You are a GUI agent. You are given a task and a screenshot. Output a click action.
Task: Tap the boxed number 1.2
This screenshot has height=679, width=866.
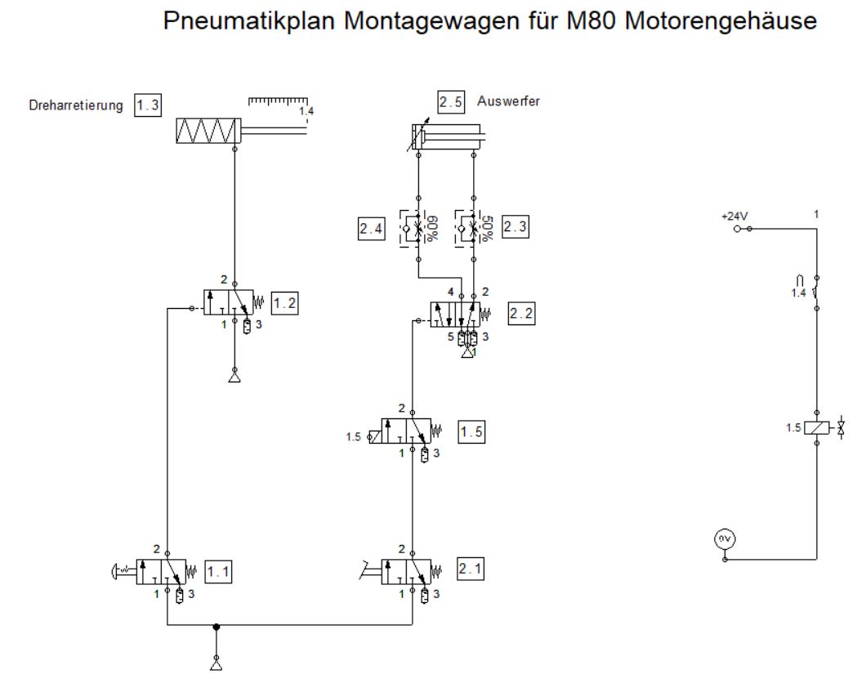285,302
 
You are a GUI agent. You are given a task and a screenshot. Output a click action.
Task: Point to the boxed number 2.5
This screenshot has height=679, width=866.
450,102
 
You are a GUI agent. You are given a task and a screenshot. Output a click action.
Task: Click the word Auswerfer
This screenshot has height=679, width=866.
508,102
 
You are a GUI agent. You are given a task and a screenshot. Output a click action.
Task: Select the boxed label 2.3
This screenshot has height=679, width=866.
516,229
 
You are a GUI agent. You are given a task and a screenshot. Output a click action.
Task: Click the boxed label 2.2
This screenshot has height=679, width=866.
521,314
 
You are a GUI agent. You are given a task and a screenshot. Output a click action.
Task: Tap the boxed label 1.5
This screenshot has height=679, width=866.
471,432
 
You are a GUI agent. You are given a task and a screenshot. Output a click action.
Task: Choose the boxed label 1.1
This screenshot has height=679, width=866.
218,572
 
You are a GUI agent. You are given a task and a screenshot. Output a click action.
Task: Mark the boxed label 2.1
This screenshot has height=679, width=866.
471,569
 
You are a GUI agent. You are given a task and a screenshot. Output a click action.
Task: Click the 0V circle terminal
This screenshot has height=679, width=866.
725,538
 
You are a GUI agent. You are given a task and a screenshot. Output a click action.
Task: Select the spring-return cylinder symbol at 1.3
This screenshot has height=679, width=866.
209,131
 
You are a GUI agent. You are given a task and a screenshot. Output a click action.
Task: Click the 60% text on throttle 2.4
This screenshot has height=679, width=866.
432,227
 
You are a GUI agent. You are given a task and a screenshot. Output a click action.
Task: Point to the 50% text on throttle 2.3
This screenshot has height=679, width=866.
488,227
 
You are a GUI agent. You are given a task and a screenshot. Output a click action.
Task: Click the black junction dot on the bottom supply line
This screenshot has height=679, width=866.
216,628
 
